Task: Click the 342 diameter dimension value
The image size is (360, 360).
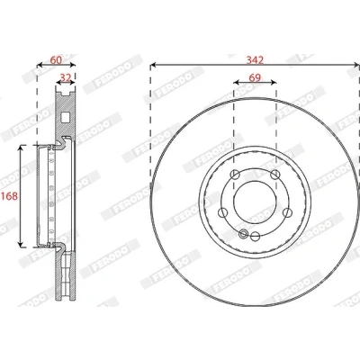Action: click(x=255, y=60)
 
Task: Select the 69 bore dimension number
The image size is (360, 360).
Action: click(x=255, y=77)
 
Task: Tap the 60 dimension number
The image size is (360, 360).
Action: click(x=56, y=60)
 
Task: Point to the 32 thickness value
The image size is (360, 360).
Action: click(x=66, y=77)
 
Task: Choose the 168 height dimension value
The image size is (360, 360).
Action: click(x=9, y=196)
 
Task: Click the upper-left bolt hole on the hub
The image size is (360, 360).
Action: click(x=235, y=175)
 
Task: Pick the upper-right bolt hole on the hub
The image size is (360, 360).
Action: click(x=274, y=175)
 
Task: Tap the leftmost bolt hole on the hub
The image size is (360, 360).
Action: click(x=222, y=212)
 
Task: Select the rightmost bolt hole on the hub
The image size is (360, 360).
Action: click(x=287, y=212)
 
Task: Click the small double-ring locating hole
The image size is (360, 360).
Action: click(x=244, y=233)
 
